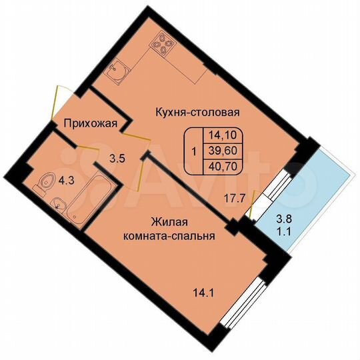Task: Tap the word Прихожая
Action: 91,123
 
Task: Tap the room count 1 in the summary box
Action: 193,151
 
